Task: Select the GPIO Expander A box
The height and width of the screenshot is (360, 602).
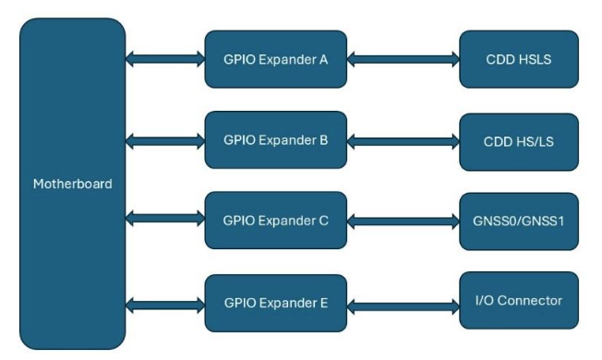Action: pos(275,60)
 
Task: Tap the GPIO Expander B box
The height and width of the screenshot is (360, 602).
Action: pos(275,141)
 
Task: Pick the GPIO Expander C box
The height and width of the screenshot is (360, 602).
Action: pos(275,222)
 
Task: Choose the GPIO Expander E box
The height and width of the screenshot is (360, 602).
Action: pos(275,302)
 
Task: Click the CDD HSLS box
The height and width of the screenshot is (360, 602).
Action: pos(518,60)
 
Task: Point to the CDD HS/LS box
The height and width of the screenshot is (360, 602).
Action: pos(518,142)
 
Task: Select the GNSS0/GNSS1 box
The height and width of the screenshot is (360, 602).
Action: pos(518,222)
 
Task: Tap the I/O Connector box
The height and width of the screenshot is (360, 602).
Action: pos(518,301)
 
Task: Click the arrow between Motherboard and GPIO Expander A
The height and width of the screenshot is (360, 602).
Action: pos(165,59)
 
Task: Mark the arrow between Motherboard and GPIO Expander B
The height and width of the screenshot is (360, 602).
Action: pos(165,141)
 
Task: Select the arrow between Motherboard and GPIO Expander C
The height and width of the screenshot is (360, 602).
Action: pos(165,221)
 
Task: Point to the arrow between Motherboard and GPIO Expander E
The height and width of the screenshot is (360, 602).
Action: pos(165,302)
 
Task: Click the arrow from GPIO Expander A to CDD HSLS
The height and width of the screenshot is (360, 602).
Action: pos(403,60)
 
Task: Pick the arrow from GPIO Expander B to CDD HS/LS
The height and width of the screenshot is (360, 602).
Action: pos(403,142)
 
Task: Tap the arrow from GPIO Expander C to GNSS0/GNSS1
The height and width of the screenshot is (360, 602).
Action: pos(403,222)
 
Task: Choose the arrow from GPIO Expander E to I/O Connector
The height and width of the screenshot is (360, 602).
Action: pos(403,302)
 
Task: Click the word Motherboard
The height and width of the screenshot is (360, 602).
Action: pos(72,184)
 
